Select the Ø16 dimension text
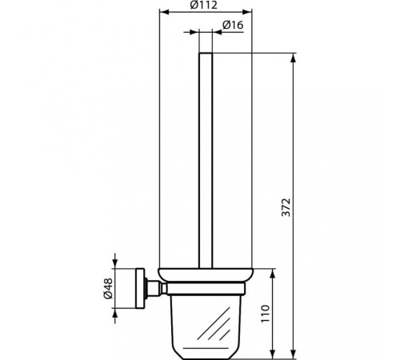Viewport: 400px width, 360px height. pos(233,26)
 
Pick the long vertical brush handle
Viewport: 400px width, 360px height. pos(206,160)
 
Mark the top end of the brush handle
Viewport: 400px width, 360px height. pos(206,54)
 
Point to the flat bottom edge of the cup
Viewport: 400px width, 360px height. pos(205,352)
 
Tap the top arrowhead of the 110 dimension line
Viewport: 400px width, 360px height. pos(274,272)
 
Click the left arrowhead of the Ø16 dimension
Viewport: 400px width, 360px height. pos(196,33)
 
